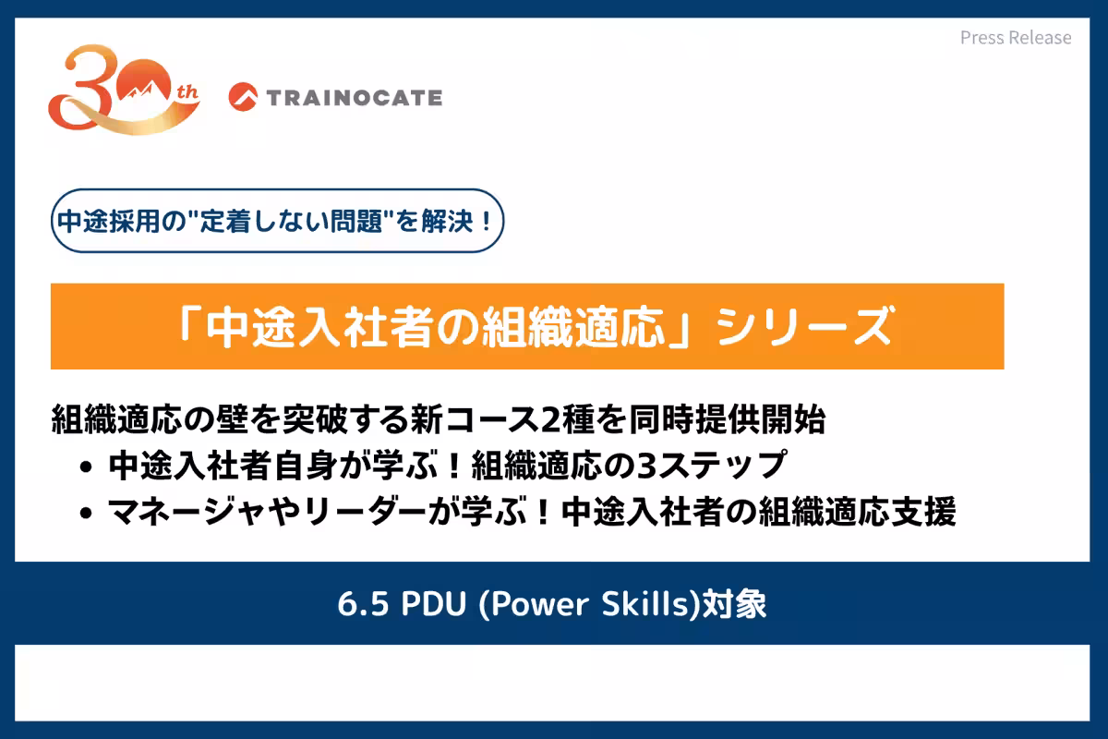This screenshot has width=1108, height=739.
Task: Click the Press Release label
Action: click(x=1016, y=38)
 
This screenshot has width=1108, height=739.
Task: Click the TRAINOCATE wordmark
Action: click(x=354, y=96)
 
